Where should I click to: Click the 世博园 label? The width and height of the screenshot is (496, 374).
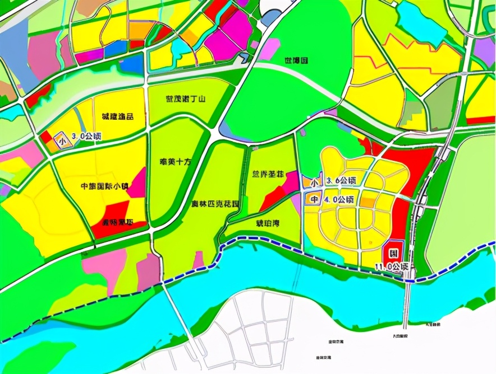coord(296,60)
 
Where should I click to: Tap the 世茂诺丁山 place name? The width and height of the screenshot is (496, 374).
coord(186,99)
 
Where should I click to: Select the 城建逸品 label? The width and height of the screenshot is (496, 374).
coord(118,117)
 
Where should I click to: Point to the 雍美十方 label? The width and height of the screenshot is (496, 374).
coord(176,161)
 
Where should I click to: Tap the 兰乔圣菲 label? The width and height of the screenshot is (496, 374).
coord(264,175)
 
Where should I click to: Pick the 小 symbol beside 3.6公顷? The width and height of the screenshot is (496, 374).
coord(314,182)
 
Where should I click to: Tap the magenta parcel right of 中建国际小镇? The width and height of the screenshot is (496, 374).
coord(137,184)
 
